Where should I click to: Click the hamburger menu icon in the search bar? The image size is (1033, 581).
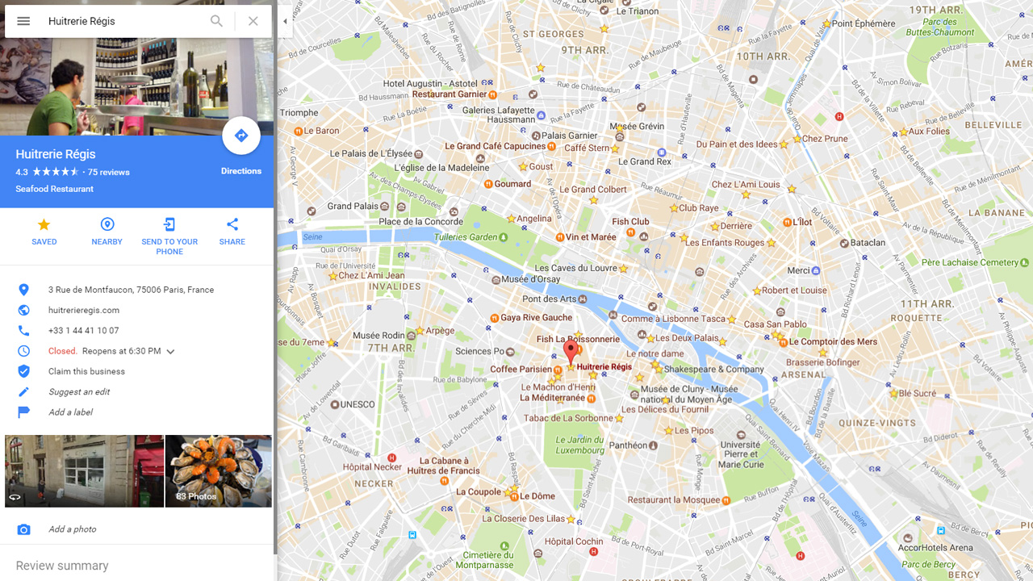[23, 21]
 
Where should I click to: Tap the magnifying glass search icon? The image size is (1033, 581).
[216, 21]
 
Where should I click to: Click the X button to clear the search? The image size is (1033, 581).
[253, 21]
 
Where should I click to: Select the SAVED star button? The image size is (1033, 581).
[44, 231]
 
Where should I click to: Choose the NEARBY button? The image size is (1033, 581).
[107, 231]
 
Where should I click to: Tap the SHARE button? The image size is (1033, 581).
[232, 231]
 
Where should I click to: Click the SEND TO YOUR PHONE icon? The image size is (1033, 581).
[169, 224]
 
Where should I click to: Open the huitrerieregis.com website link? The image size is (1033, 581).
[84, 310]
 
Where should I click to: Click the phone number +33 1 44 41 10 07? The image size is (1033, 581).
[83, 330]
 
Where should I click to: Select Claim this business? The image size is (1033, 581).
[86, 371]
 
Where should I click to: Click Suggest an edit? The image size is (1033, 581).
[79, 391]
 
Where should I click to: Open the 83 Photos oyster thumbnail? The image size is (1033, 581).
[218, 471]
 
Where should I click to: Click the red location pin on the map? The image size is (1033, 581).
[571, 352]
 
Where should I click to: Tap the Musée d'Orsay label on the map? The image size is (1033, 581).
[530, 279]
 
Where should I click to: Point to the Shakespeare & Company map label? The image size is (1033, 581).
[713, 369]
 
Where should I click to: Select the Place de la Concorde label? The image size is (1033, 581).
[420, 222]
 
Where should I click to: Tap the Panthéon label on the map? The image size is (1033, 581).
[628, 445]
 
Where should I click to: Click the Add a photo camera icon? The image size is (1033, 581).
[24, 529]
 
